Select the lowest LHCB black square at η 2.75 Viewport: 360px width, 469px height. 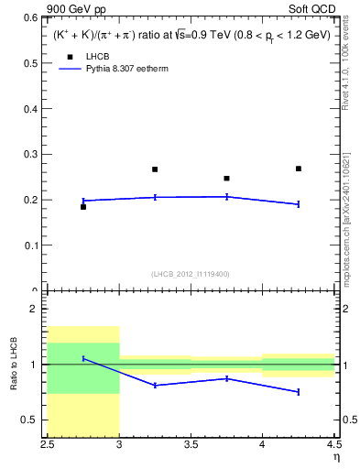click(x=83, y=207)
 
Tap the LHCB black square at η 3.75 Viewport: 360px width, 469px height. click(x=226, y=179)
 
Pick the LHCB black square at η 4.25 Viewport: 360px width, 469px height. click(x=299, y=169)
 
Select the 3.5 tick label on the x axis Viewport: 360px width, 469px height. click(x=191, y=446)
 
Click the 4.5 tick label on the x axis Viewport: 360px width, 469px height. click(x=333, y=446)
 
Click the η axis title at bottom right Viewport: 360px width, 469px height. click(x=335, y=458)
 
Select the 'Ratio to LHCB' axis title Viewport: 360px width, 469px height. click(x=14, y=365)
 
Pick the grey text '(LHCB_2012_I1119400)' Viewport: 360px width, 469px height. click(x=191, y=274)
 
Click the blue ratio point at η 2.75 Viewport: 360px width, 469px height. click(x=83, y=358)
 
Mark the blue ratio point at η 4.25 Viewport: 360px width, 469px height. click(x=299, y=392)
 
